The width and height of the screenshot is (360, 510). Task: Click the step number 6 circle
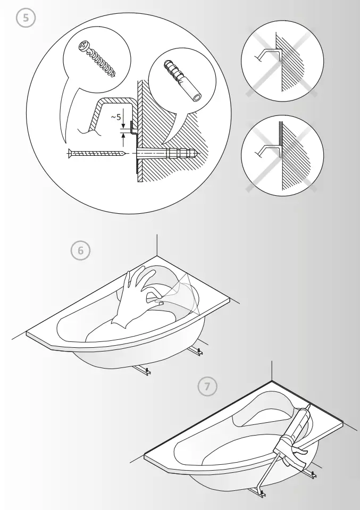tap(81, 251)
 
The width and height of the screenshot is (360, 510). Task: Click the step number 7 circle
tap(207, 387)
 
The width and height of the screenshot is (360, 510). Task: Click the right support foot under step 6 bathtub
tap(197, 351)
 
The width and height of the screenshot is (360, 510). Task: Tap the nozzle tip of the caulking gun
tap(308, 408)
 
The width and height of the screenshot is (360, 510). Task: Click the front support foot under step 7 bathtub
tap(260, 495)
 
